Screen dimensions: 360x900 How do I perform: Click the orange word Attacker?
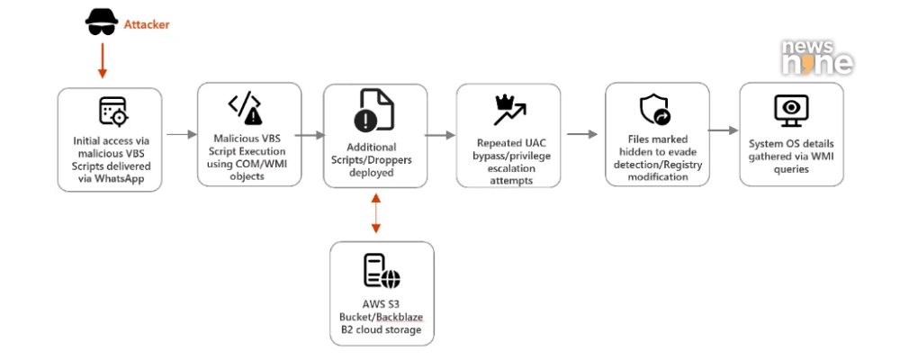[x=147, y=24]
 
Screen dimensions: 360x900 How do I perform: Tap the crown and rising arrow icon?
[x=508, y=110]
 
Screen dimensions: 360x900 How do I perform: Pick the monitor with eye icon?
[x=791, y=110]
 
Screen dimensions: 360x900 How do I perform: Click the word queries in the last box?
[x=791, y=168]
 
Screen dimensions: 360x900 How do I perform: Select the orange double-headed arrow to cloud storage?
[x=376, y=215]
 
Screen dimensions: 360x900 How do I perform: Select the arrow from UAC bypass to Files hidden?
[x=581, y=135]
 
